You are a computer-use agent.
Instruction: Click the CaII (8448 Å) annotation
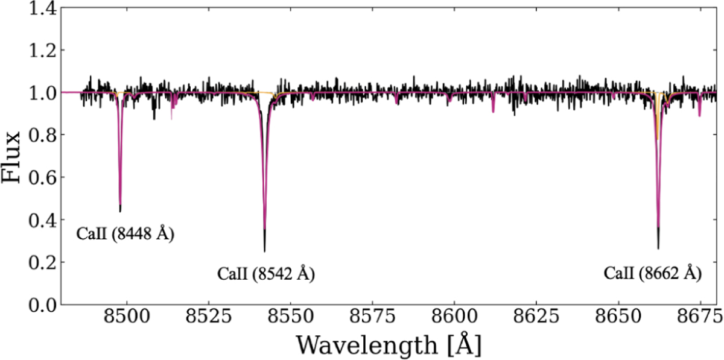point(125,235)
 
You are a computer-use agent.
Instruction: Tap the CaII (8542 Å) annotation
point(266,274)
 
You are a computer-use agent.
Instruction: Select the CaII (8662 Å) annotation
point(653,274)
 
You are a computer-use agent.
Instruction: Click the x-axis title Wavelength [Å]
point(389,345)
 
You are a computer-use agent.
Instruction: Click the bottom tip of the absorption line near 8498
point(120,212)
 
